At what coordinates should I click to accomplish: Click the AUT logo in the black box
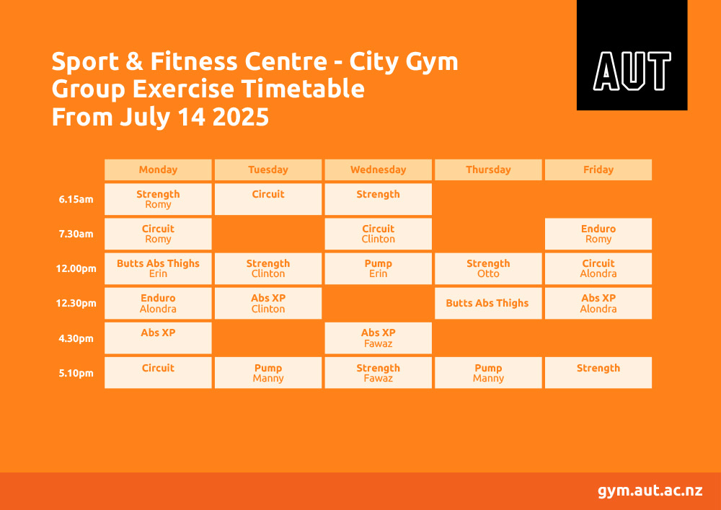(x=632, y=71)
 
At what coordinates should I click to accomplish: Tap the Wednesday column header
(x=378, y=170)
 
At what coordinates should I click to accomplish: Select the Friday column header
(x=598, y=170)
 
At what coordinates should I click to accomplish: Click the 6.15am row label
(x=76, y=200)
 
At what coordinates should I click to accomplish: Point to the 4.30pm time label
(x=76, y=338)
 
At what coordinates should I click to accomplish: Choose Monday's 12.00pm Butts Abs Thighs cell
(x=158, y=268)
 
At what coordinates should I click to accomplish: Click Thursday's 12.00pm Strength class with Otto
(x=488, y=268)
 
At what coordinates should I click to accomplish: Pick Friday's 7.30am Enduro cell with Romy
(x=598, y=234)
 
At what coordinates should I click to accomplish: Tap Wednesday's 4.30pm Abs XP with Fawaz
(x=378, y=338)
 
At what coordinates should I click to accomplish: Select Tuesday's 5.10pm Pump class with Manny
(x=268, y=372)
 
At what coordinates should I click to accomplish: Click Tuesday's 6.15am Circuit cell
(x=268, y=199)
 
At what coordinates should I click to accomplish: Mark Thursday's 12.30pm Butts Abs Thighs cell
(x=488, y=303)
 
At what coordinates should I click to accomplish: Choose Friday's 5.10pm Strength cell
(x=598, y=372)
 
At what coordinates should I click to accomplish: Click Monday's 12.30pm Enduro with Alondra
(x=158, y=303)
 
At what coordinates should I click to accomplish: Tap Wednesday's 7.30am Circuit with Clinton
(x=378, y=234)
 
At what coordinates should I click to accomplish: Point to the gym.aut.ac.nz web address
(x=650, y=491)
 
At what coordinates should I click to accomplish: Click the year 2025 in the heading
(x=241, y=117)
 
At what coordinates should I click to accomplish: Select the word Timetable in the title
(x=303, y=89)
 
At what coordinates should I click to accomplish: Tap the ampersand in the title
(x=134, y=61)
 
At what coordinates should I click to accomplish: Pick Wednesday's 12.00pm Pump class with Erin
(x=378, y=268)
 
